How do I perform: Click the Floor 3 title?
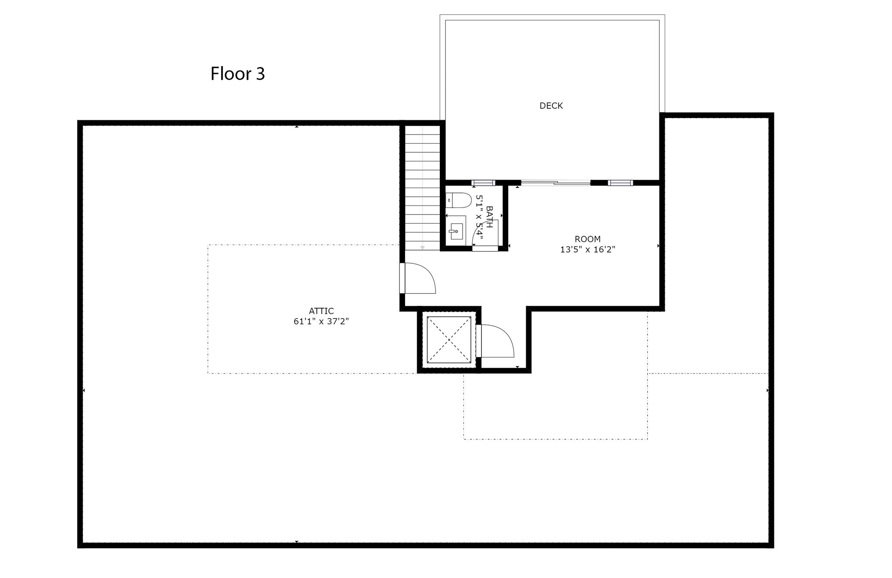[237, 74]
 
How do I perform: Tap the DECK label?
[551, 106]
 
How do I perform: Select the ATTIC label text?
[321, 311]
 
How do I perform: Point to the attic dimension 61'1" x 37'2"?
[321, 322]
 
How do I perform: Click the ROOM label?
[588, 239]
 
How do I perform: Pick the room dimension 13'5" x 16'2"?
[588, 249]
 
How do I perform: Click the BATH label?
[489, 217]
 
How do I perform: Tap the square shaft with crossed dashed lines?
[449, 339]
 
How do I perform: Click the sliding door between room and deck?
[556, 183]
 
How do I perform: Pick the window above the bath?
[483, 183]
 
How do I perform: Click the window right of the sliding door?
[620, 183]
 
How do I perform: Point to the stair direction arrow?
[422, 248]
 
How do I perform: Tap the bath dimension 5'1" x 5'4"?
[480, 217]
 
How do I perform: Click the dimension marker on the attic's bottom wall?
[297, 542]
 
